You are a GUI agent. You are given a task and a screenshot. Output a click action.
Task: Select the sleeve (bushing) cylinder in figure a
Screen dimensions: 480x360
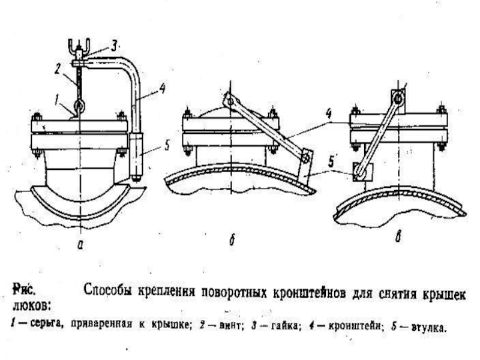136,155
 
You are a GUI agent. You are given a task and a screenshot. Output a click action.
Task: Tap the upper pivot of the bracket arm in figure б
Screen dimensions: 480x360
229,101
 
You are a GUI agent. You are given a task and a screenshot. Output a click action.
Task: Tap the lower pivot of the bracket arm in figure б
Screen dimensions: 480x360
305,157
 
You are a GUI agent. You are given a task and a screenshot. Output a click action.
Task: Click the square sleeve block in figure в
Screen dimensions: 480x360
362,172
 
